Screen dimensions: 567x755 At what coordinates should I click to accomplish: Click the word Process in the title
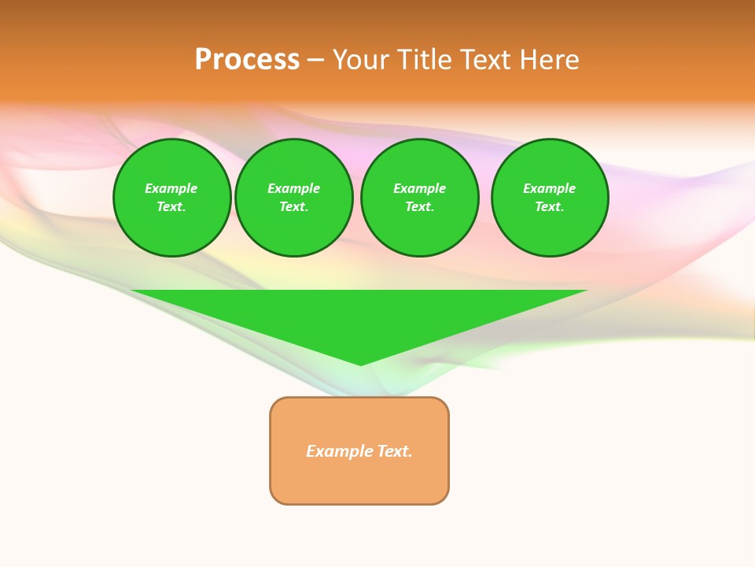pyautogui.click(x=247, y=60)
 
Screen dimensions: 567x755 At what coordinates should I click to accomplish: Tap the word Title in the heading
pyautogui.click(x=425, y=60)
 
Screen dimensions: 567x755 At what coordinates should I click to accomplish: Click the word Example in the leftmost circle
pyautogui.click(x=171, y=188)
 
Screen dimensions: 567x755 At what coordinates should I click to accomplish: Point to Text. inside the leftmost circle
pyautogui.click(x=171, y=207)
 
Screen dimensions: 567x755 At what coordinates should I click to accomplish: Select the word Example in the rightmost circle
pyautogui.click(x=550, y=188)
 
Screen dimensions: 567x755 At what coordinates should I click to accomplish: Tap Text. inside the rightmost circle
pyautogui.click(x=550, y=207)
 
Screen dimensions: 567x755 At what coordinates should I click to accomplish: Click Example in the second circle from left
pyautogui.click(x=294, y=188)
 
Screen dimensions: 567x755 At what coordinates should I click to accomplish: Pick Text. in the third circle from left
pyautogui.click(x=420, y=207)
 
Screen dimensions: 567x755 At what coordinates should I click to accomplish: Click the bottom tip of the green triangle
pyautogui.click(x=360, y=363)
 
